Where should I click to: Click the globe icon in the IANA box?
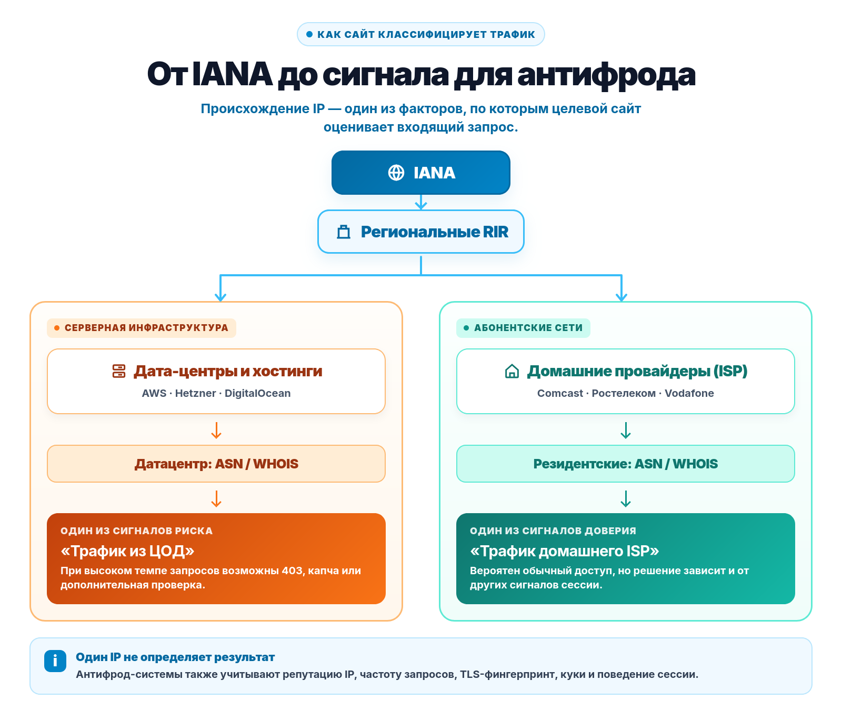(396, 173)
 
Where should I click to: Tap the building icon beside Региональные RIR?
(344, 232)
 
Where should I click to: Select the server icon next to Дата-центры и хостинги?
(119, 371)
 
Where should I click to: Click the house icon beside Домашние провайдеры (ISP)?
(512, 371)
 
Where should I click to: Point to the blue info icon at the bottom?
(55, 661)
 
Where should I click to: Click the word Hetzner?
(196, 393)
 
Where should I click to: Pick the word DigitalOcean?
(257, 393)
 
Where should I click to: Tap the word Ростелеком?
(624, 393)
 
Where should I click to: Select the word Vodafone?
(689, 393)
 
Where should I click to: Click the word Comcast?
(560, 393)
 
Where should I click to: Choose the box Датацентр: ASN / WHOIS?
(216, 464)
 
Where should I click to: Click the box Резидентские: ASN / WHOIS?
(626, 464)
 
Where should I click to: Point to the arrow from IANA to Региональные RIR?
(421, 202)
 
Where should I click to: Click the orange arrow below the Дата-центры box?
(216, 430)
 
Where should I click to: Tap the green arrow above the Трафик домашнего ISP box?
(626, 498)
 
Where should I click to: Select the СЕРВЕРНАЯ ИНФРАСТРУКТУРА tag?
(142, 328)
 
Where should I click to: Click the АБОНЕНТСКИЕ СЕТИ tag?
(523, 328)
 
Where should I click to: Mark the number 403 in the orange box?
(293, 571)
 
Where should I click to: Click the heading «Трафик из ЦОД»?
(127, 551)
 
